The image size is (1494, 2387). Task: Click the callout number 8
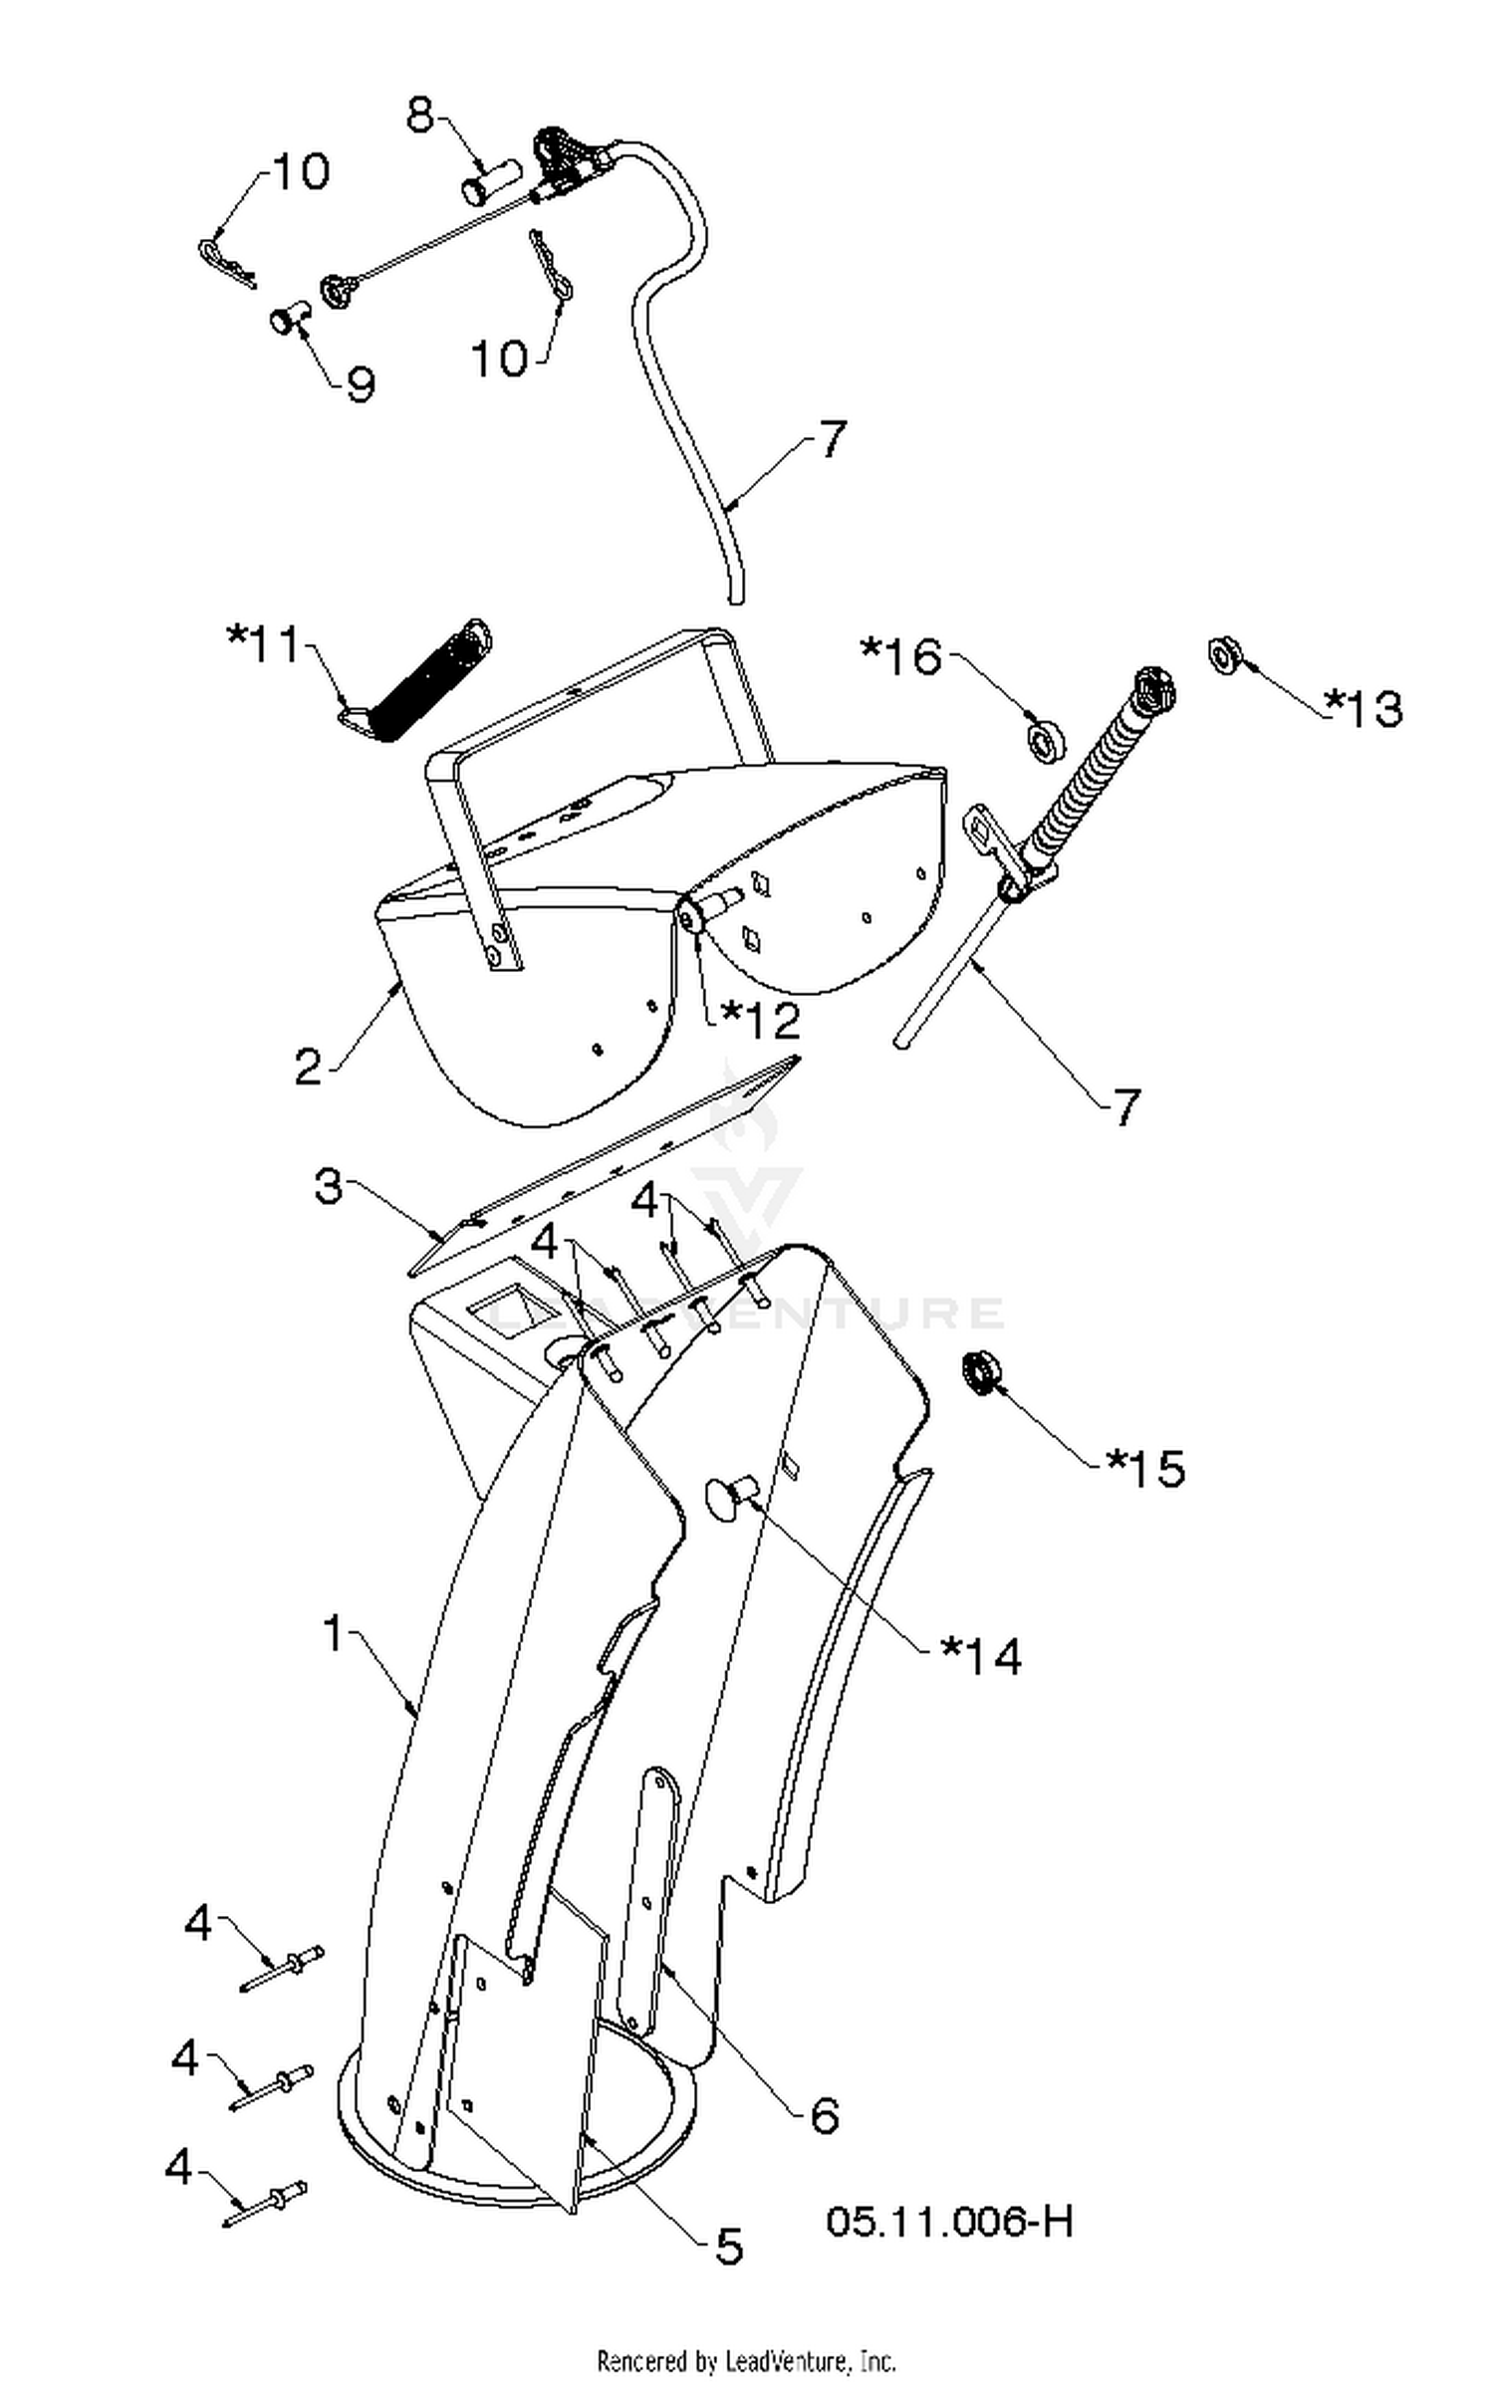(420, 117)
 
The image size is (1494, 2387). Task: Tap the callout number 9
(360, 383)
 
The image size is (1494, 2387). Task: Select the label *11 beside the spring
(263, 644)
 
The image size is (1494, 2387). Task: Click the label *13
(1363, 707)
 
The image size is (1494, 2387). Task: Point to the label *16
(900, 656)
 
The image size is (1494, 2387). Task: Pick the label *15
(1145, 1468)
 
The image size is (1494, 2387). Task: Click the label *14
(981, 1656)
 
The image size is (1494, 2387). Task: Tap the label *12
(760, 1021)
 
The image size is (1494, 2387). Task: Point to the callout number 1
(334, 1633)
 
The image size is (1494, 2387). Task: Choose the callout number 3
(329, 1187)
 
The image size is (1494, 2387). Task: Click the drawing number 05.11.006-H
(949, 2222)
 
